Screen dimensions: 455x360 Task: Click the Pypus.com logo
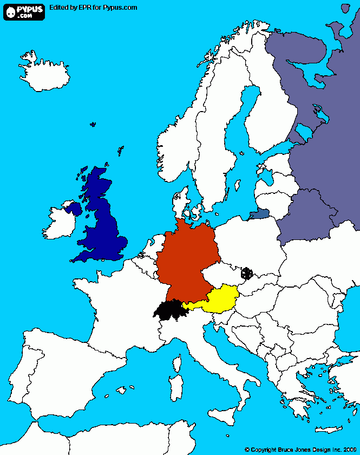point(24,11)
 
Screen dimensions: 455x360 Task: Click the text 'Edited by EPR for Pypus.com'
point(93,8)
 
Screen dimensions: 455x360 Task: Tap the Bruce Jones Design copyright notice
point(300,449)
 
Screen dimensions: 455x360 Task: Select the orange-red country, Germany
point(187,260)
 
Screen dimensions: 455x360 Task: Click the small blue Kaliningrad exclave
point(259,214)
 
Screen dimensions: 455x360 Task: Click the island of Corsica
point(177,362)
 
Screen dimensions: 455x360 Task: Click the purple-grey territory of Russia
point(314,135)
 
